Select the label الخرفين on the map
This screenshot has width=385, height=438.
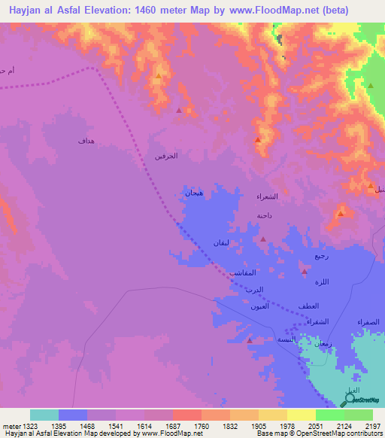[165, 156]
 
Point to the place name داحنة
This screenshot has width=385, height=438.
[264, 215]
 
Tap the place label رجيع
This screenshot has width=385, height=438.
[321, 256]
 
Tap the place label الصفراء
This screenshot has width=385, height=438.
[368, 321]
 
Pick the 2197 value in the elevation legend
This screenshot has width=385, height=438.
[374, 425]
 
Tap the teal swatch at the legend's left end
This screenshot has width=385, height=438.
[44, 415]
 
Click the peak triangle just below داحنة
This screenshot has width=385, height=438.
[262, 239]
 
